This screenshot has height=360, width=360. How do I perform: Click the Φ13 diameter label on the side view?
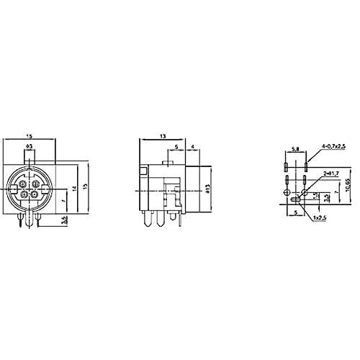[207, 189]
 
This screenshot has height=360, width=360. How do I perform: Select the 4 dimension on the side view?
[194, 148]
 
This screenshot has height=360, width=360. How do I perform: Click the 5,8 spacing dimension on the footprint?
[294, 150]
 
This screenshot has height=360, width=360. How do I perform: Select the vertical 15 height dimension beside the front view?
[86, 186]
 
